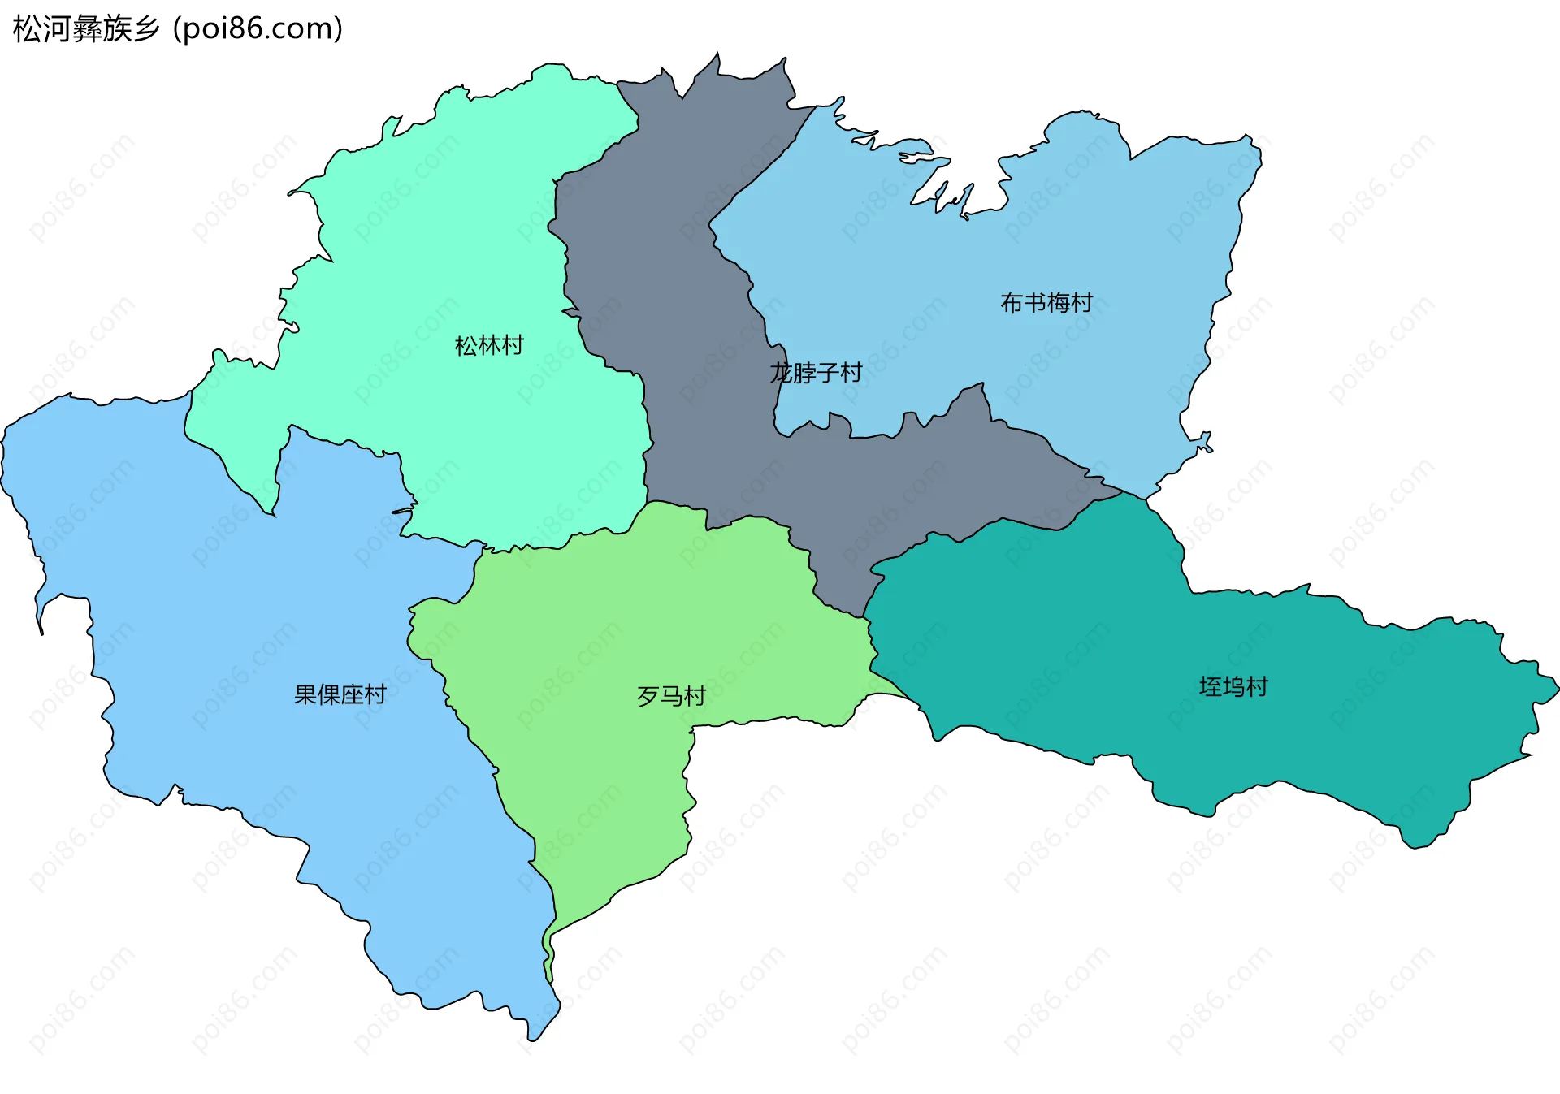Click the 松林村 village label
(489, 346)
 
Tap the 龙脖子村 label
(816, 373)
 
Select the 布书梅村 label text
(1046, 303)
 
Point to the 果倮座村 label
(340, 694)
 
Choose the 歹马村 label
(671, 696)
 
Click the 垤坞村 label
(1233, 687)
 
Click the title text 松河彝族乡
(86, 29)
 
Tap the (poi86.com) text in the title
(258, 29)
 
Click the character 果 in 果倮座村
(305, 694)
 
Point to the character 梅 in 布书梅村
(1058, 303)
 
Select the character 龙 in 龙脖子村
(782, 373)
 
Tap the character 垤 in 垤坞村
(1211, 687)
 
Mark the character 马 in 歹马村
(671, 696)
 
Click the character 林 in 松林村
(489, 346)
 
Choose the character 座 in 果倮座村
(352, 694)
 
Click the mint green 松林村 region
(455, 244)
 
